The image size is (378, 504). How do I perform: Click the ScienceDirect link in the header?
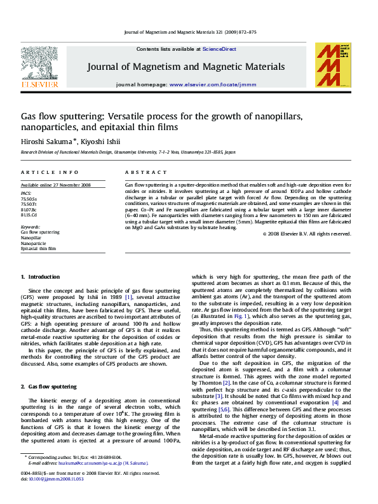click(219, 49)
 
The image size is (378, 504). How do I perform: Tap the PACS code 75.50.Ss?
click(29, 199)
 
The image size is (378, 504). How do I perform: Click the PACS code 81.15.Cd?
click(29, 215)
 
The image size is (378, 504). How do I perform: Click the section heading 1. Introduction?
click(40, 277)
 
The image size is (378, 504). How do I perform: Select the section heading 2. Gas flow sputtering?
click(48, 386)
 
